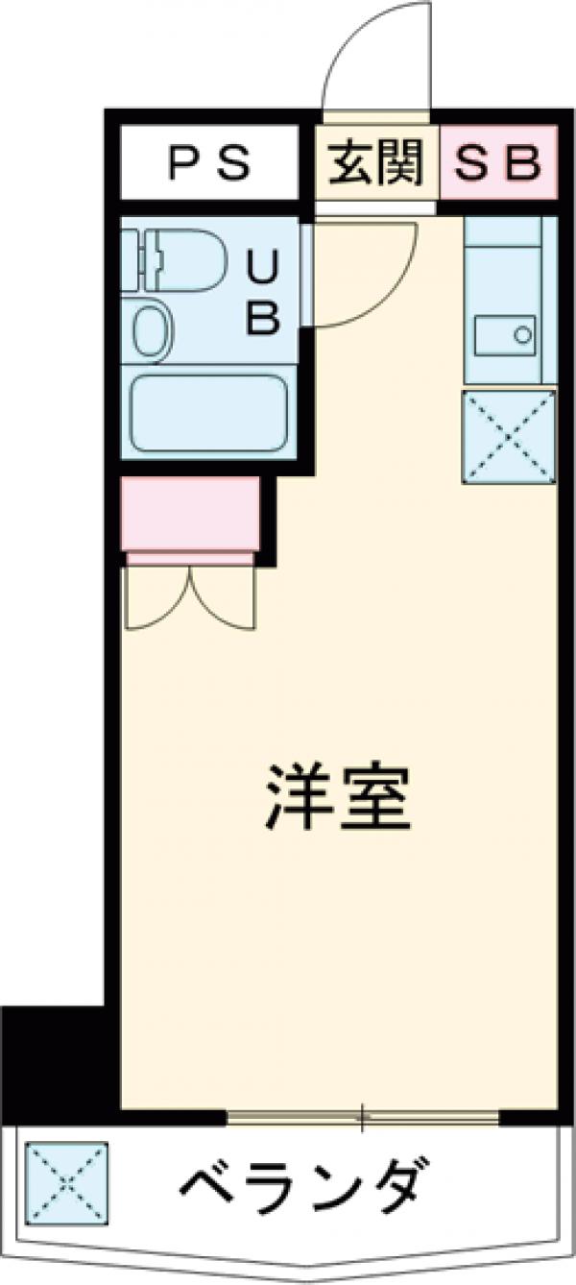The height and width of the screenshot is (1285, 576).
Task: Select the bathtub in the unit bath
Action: pyautogui.click(x=209, y=413)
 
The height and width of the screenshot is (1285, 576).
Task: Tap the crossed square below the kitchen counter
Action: pyautogui.click(x=509, y=437)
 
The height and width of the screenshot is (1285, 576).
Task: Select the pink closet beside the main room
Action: pyautogui.click(x=191, y=513)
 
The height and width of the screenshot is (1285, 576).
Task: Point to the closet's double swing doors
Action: pyautogui.click(x=190, y=595)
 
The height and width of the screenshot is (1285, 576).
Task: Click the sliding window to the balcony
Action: pyautogui.click(x=363, y=1116)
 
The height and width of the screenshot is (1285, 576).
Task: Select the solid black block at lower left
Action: pyautogui.click(x=53, y=1056)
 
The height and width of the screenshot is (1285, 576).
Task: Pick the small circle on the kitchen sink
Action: pyautogui.click(x=523, y=335)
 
